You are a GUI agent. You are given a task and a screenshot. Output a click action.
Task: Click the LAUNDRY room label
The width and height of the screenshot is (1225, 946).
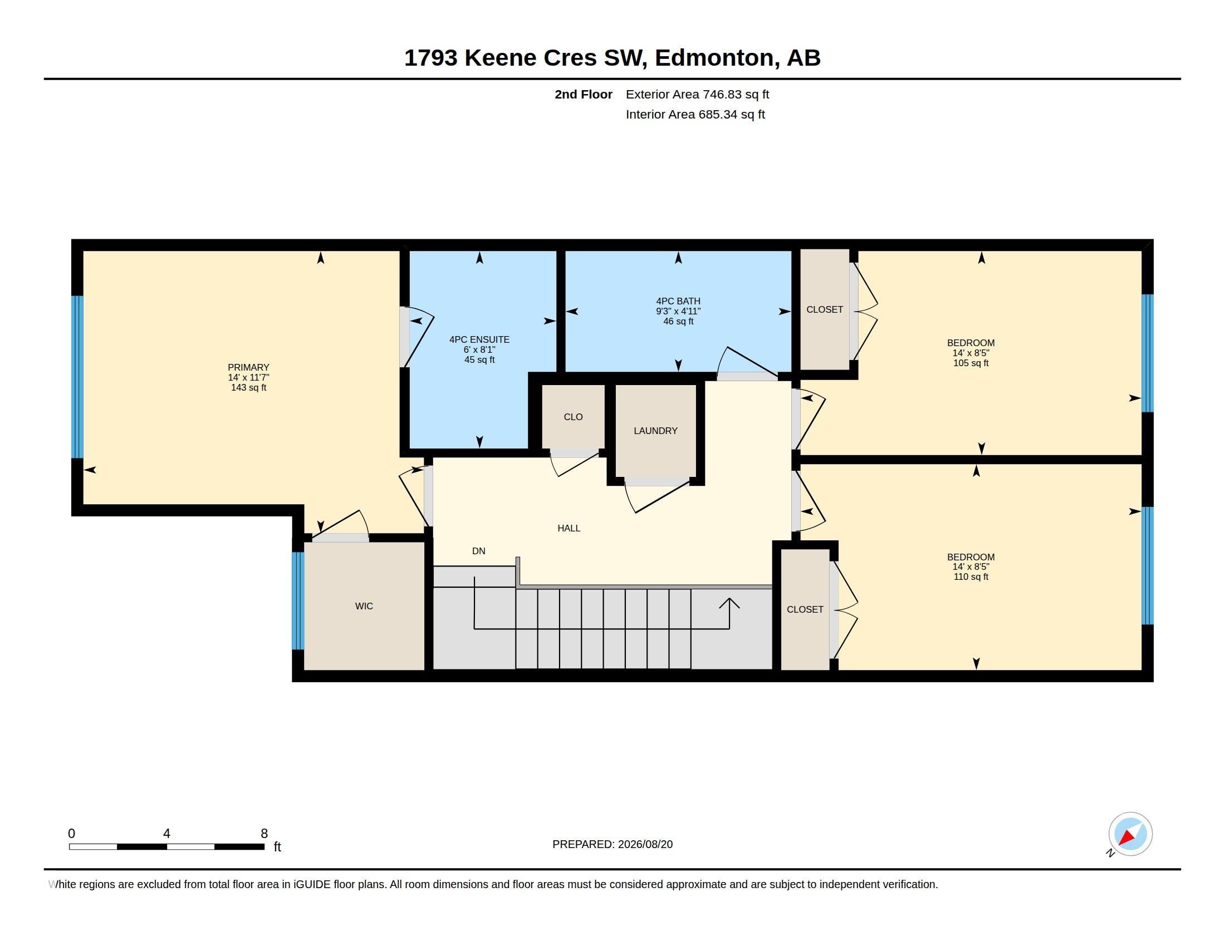655,430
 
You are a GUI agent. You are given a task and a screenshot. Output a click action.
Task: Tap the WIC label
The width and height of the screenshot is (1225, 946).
364,606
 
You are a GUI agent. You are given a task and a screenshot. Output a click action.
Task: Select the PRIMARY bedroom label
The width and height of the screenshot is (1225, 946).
248,367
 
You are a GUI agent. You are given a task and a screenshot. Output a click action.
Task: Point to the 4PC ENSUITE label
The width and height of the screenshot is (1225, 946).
479,339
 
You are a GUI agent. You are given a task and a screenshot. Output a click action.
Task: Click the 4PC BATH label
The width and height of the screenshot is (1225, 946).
678,301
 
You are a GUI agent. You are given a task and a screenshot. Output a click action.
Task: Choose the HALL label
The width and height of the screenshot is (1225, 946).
569,528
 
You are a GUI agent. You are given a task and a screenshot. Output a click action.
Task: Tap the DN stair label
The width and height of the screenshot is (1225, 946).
478,551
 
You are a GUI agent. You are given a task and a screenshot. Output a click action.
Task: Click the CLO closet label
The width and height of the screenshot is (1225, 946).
573,417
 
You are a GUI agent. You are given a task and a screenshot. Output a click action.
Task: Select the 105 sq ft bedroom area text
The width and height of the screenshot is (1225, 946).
971,363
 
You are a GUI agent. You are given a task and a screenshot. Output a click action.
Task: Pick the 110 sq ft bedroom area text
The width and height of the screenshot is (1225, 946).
971,577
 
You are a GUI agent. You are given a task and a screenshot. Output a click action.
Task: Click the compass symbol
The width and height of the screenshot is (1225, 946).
1130,834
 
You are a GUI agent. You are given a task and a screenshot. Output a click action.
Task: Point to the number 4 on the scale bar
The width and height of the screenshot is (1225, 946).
166,834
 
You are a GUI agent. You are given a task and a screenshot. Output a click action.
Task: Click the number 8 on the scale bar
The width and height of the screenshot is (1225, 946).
264,834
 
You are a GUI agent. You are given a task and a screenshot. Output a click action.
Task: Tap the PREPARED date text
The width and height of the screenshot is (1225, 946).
612,844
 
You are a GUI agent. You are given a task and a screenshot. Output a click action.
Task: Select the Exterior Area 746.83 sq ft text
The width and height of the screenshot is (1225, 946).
697,94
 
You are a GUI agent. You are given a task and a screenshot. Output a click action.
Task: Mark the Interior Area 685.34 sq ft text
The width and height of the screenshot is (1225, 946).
695,114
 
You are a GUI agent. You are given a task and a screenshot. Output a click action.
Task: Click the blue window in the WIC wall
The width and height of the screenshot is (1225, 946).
298,601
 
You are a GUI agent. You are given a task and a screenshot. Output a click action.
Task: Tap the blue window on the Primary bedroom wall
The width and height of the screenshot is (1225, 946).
77,377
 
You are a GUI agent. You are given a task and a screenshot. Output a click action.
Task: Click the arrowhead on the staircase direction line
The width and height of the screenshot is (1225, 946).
729,603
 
